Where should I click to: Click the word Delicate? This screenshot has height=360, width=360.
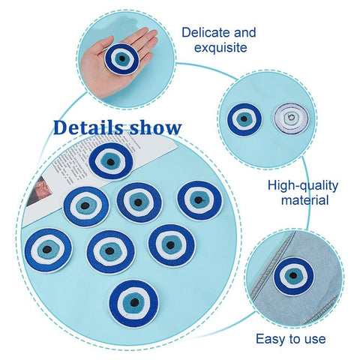[205, 32]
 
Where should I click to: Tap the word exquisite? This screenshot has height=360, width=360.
[220, 47]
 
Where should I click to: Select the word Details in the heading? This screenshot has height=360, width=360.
[88, 127]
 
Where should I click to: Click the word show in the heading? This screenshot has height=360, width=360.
[155, 127]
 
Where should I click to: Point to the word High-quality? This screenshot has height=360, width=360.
[303, 186]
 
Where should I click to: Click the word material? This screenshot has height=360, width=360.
[304, 200]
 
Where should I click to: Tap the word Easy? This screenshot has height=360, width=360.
[271, 340]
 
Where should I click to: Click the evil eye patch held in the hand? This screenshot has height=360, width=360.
[121, 58]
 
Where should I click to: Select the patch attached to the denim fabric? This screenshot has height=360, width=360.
[293, 276]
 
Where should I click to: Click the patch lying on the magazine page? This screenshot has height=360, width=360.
[111, 161]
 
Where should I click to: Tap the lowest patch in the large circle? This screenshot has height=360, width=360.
[133, 304]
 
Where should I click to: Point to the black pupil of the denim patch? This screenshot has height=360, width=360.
[293, 275]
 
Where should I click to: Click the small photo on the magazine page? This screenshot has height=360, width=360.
[40, 190]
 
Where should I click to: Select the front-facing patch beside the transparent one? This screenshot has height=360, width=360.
[244, 119]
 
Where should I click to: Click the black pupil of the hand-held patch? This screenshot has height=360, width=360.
[122, 58]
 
